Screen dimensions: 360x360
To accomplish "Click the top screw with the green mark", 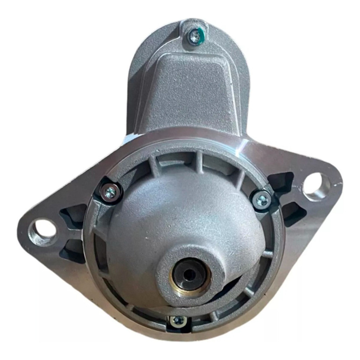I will tap(194, 36).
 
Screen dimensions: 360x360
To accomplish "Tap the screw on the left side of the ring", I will tap(110, 192).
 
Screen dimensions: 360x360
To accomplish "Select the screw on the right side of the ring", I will tap(262, 200).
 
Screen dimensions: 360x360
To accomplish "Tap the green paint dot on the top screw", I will tap(200, 34).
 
